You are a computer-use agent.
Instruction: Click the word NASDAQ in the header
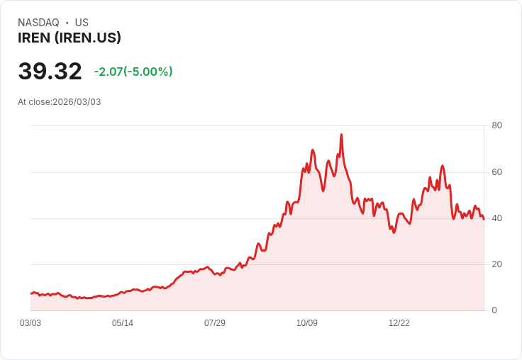[38, 23]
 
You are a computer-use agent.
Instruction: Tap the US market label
[82, 23]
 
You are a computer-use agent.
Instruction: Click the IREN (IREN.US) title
[70, 38]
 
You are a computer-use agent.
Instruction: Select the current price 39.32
[50, 72]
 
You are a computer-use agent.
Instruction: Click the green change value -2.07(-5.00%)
[133, 72]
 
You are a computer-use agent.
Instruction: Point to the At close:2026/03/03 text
[60, 102]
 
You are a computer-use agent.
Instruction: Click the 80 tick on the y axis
[497, 125]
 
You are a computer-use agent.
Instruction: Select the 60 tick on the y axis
[497, 172]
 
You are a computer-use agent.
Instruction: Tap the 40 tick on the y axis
[497, 218]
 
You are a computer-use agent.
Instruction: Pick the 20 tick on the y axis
[497, 264]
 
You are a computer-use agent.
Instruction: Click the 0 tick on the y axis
[494, 310]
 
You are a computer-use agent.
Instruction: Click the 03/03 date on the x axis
[30, 323]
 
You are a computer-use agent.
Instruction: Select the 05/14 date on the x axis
[123, 323]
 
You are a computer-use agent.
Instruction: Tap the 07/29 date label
[215, 323]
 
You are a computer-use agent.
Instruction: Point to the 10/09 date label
[307, 323]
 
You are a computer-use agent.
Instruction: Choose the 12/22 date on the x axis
[399, 323]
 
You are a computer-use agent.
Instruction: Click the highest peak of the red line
[341, 135]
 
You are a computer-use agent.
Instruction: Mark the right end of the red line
[484, 219]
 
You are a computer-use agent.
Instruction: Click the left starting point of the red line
[31, 293]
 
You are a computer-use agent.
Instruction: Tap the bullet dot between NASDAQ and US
[67, 23]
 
